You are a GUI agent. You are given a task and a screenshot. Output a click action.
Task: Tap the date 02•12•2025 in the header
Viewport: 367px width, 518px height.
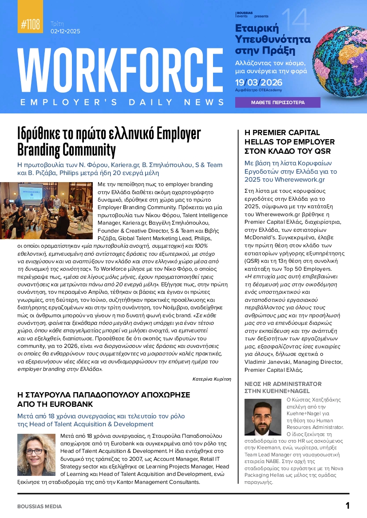coord(65,31)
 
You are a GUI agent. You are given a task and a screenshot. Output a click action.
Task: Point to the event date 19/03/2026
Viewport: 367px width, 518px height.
coord(259,82)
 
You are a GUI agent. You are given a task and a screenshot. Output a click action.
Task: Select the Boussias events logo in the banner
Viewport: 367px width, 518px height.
coord(244,15)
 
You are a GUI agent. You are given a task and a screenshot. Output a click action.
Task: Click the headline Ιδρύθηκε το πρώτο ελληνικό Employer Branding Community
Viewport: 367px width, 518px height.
coord(109,141)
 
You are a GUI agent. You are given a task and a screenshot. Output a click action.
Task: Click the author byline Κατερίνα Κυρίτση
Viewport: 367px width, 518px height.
coord(212,379)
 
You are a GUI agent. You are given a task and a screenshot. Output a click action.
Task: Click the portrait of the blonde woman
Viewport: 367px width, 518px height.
coord(36,455)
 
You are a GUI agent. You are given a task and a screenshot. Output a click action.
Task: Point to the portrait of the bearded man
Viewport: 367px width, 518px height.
coord(263,417)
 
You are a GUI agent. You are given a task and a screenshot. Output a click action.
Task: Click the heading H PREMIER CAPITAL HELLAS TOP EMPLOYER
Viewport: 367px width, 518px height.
coord(289,142)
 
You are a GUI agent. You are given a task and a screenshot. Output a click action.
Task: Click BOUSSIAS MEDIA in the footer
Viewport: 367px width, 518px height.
coord(39,506)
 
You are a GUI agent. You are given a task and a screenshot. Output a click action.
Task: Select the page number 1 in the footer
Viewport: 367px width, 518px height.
coord(347,506)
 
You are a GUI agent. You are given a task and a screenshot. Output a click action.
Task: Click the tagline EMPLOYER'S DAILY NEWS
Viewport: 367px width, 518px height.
coord(122,102)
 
